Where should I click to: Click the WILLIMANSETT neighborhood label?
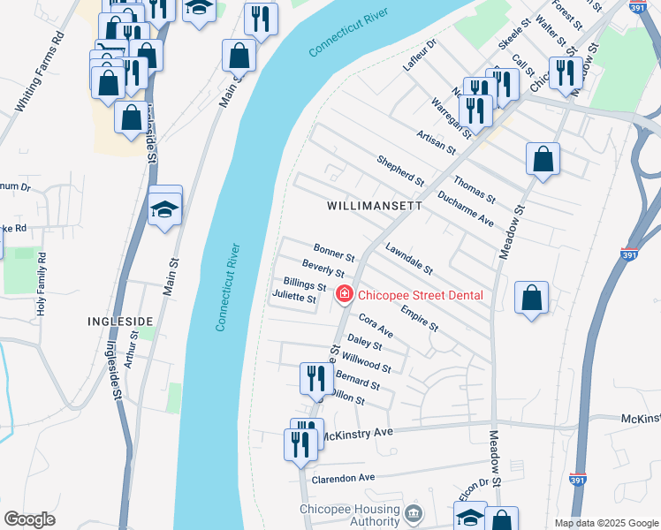[375, 205]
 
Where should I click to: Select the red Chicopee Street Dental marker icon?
[344, 294]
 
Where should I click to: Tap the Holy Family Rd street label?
[41, 284]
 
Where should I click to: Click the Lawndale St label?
[408, 257]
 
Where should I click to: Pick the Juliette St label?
[294, 298]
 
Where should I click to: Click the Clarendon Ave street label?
[343, 478]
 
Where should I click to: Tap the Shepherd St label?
[400, 170]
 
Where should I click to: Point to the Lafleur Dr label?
[420, 55]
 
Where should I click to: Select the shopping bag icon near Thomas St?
[543, 160]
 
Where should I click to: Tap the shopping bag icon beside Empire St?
[532, 298]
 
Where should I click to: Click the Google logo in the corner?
[28, 519]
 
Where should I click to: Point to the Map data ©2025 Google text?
[605, 523]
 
